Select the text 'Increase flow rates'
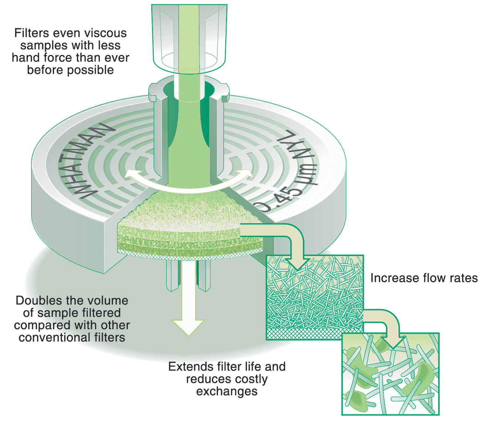click(424, 278)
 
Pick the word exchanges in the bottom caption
click(226, 391)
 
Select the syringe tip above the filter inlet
click(189, 37)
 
